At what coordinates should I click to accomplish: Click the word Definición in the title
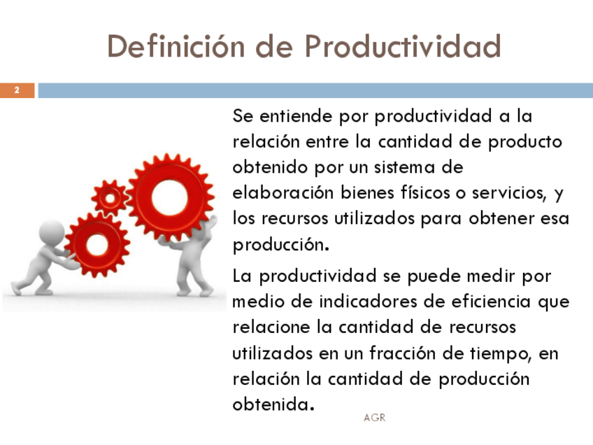pyautogui.click(x=176, y=46)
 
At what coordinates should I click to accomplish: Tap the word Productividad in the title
pyautogui.click(x=403, y=46)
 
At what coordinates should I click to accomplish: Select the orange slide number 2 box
pyautogui.click(x=17, y=90)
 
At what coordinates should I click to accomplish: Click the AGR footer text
pyautogui.click(x=374, y=418)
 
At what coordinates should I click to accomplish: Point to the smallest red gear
pyautogui.click(x=110, y=198)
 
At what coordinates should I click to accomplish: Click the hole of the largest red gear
pyautogui.click(x=170, y=197)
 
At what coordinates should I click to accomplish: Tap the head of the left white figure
pyautogui.click(x=52, y=233)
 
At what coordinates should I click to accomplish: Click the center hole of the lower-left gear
pyautogui.click(x=97, y=245)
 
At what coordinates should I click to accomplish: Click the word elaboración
pyautogui.click(x=283, y=192)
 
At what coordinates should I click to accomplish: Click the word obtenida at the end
pyautogui.click(x=273, y=404)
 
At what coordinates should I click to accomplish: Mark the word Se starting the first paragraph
pyautogui.click(x=243, y=115)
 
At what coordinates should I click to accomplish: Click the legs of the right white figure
pyautogui.click(x=194, y=278)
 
